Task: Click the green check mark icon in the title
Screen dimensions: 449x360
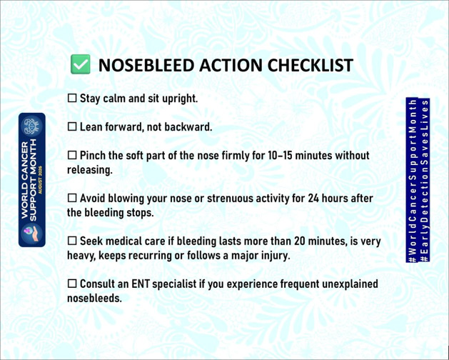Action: coord(81,64)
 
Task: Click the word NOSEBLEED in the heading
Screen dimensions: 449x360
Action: coord(146,65)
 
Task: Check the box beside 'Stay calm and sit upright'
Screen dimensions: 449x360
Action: coord(72,98)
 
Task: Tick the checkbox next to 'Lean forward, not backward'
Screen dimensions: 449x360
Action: coord(72,126)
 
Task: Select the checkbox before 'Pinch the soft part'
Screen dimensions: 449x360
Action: coord(72,155)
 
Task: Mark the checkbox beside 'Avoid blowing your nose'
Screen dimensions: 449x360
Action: coord(72,198)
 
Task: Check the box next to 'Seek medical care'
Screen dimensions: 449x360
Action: coord(72,241)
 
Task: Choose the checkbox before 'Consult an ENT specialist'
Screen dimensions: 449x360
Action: coord(72,284)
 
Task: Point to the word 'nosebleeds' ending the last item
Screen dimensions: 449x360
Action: coord(94,298)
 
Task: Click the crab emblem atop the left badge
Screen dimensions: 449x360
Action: coord(32,126)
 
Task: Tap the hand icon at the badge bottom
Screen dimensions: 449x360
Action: coord(32,233)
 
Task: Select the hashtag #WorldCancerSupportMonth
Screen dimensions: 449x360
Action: coord(413,180)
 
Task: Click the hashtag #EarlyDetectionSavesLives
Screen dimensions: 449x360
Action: coord(425,180)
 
